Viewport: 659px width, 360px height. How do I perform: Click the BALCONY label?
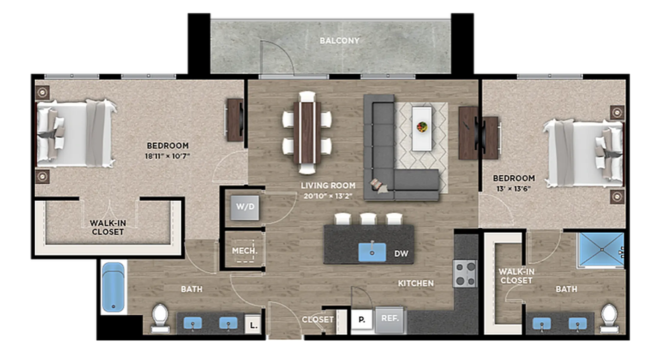point(339,40)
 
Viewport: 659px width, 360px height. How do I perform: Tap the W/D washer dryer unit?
point(245,208)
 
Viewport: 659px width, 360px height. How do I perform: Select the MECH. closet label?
point(244,251)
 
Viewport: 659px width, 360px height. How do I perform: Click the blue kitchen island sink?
point(372,252)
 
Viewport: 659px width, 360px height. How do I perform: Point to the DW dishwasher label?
point(401,254)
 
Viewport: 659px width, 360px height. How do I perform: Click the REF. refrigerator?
point(389,320)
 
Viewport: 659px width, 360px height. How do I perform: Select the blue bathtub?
point(113,287)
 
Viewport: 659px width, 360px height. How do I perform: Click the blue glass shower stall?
point(601,250)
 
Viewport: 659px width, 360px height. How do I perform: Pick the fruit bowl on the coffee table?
point(422,127)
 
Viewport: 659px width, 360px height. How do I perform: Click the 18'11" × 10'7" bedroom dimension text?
point(167,156)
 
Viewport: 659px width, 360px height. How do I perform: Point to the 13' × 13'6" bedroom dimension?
point(514,189)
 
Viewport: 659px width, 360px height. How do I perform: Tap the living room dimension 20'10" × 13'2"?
point(328,196)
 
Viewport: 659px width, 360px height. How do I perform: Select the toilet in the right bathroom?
point(609,319)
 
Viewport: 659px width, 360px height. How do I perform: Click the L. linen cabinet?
point(253,324)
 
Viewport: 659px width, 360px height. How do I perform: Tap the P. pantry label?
point(362,320)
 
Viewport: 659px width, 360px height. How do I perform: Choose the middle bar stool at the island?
point(368,219)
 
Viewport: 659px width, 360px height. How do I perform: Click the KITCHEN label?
point(416,283)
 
